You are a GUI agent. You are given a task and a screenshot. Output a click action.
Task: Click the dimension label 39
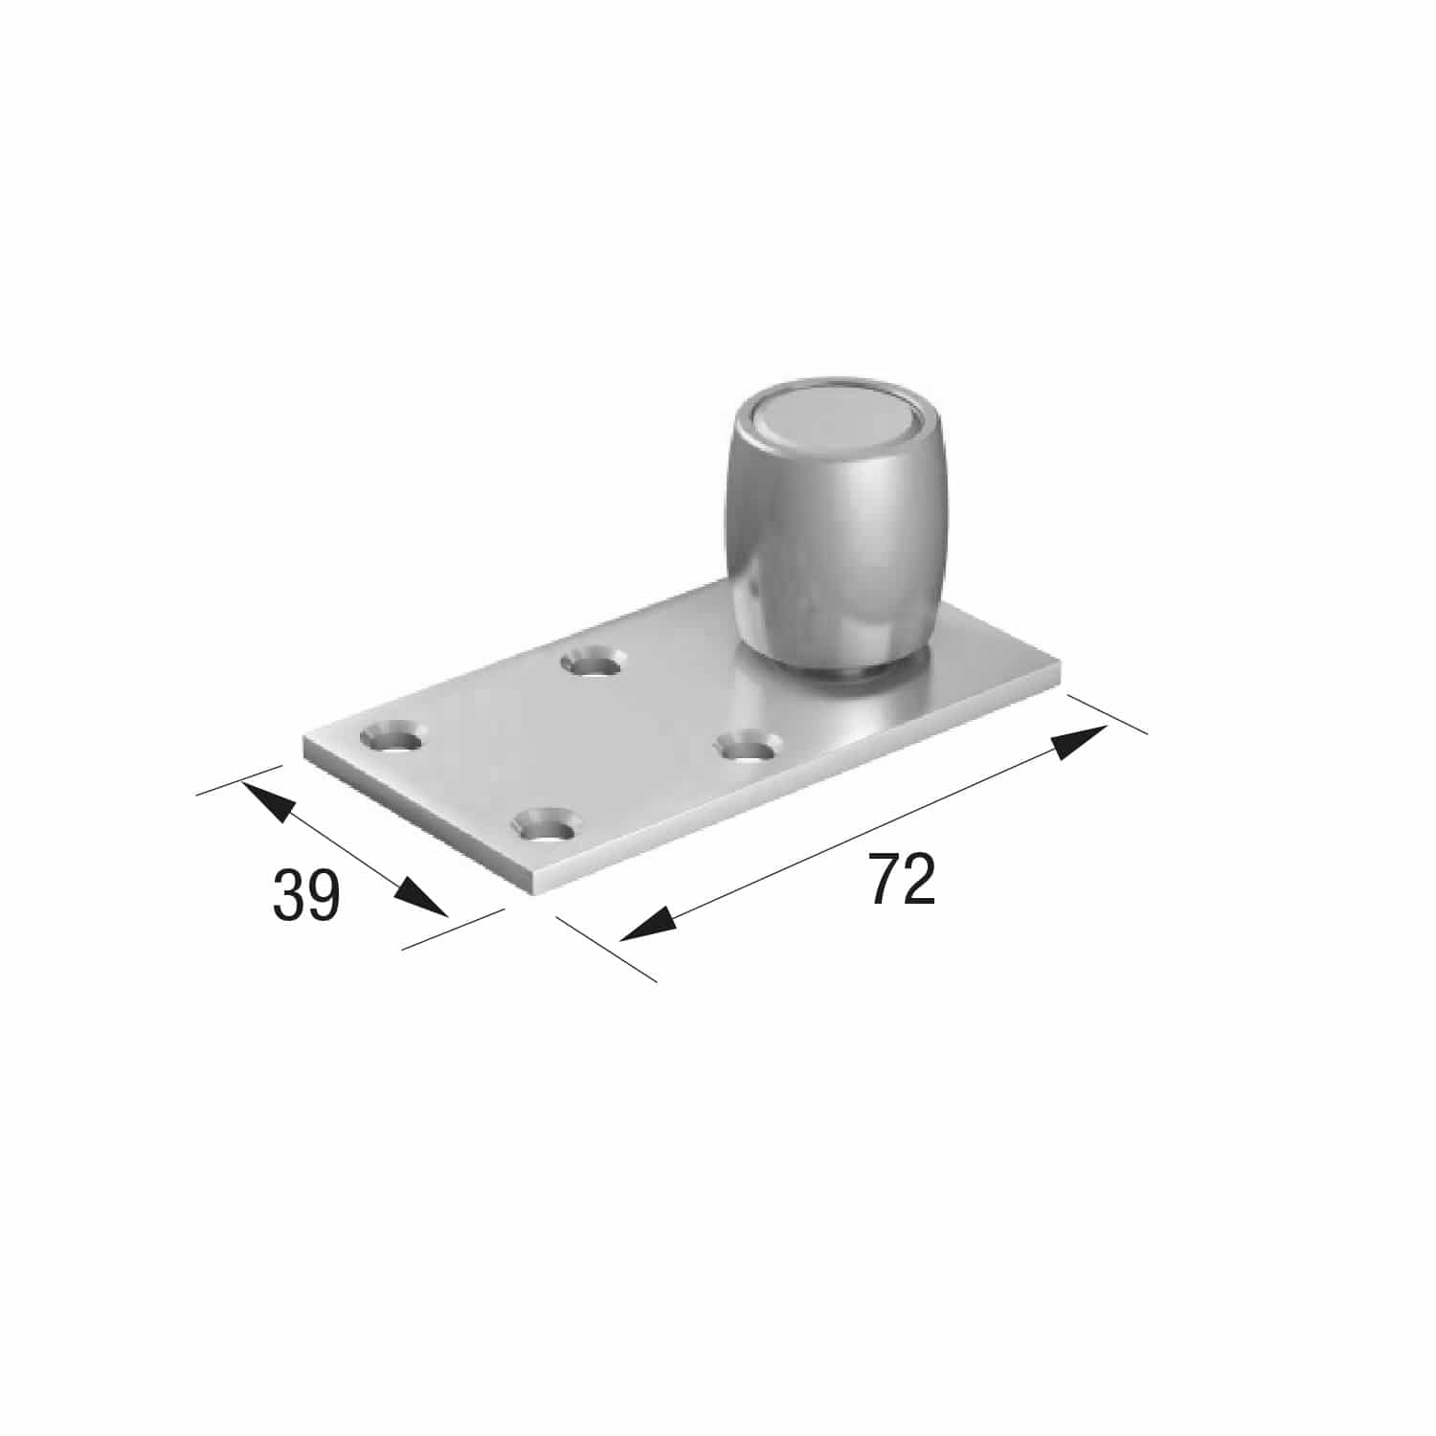306,895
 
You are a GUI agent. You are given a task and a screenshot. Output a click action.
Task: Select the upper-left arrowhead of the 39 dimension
264,798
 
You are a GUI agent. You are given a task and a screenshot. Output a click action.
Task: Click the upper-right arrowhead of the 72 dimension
1080,742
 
